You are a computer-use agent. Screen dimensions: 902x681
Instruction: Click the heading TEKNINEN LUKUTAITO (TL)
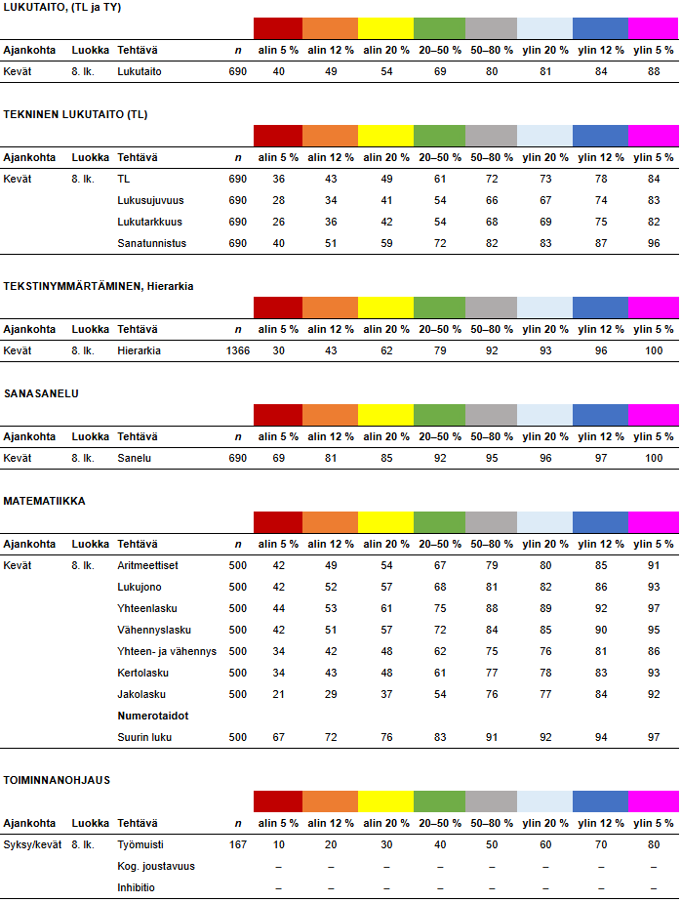[x=75, y=114]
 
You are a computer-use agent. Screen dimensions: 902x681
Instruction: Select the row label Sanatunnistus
[x=150, y=243]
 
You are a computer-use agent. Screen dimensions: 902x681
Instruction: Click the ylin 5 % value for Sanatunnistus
[x=653, y=243]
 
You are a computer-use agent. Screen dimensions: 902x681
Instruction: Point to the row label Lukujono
[x=140, y=587]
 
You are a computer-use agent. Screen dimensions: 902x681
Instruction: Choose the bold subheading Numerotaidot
[x=152, y=716]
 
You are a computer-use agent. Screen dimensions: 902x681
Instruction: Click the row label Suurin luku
[x=144, y=737]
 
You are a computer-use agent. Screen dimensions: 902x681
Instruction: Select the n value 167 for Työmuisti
[x=238, y=844]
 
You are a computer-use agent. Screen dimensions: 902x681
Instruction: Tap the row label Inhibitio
[x=138, y=887]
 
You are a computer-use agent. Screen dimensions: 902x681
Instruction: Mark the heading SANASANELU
[x=41, y=393]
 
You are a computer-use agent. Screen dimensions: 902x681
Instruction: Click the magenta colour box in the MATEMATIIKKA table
[x=653, y=522]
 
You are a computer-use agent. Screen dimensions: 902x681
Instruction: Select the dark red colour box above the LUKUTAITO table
[x=278, y=28]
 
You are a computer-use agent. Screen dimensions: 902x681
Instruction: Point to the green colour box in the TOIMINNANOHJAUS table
[x=439, y=801]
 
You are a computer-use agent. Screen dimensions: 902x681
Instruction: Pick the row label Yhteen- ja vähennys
[x=166, y=651]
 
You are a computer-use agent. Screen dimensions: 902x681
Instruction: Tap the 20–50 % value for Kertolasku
[x=440, y=673]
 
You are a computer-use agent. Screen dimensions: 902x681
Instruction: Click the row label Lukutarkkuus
[x=149, y=222]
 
